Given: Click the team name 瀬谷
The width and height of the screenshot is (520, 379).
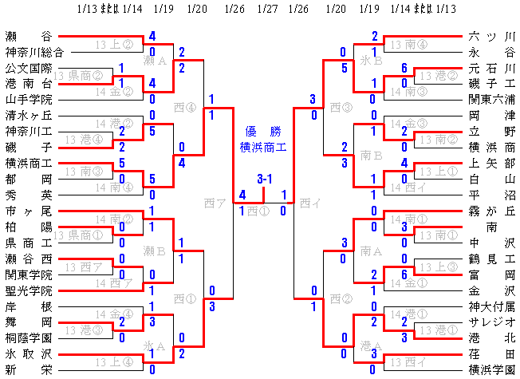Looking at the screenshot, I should [28, 36].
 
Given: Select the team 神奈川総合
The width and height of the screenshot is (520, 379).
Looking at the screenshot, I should [28, 52].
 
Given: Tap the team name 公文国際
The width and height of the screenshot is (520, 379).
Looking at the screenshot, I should [28, 68].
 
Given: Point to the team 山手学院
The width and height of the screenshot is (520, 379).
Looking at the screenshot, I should [28, 100].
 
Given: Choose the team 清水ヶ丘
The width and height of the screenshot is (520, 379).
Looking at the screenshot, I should [28, 115].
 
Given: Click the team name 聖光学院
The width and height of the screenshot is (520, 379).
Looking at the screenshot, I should [28, 290].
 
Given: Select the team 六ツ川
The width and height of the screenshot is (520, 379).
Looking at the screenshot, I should [493, 36].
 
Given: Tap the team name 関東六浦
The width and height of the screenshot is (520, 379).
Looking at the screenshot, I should [493, 100].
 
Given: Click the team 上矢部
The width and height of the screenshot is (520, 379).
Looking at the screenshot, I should [493, 163].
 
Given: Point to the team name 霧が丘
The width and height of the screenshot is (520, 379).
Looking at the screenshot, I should [493, 211].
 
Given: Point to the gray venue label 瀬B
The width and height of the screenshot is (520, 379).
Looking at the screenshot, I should [154, 251].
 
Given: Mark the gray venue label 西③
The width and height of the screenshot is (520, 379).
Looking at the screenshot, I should [341, 107].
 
